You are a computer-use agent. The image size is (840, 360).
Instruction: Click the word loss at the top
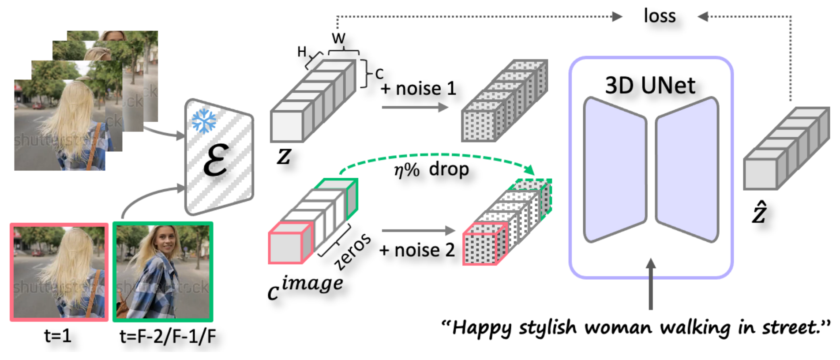click(659, 16)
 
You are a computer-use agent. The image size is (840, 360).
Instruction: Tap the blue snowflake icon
click(204, 120)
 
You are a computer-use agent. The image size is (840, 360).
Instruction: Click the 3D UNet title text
click(650, 85)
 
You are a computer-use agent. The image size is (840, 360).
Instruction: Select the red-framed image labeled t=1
click(59, 272)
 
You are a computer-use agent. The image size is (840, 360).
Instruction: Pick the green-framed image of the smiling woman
click(163, 272)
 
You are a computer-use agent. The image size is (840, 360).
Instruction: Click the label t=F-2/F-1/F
click(168, 337)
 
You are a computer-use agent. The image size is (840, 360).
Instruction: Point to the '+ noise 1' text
click(418, 89)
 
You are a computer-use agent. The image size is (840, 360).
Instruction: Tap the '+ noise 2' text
click(417, 250)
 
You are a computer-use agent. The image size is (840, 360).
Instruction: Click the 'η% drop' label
click(431, 169)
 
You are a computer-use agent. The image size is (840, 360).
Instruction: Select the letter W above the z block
click(338, 38)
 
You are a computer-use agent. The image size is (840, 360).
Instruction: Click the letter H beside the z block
click(302, 52)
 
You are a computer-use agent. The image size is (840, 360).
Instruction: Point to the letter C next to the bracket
click(379, 74)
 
